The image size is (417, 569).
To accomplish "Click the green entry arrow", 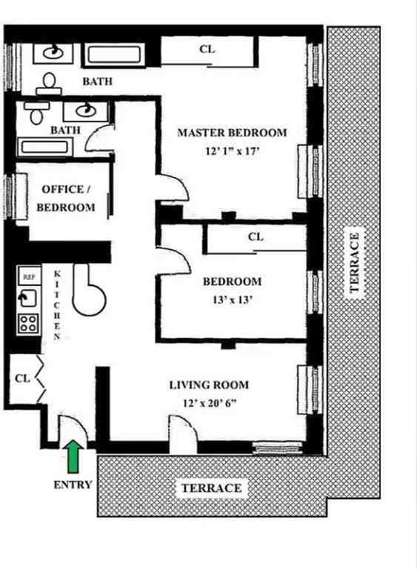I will [73, 456].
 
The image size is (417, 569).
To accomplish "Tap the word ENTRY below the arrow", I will [73, 485].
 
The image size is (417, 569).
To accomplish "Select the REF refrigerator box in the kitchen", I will [29, 276].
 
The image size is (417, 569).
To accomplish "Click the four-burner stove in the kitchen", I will [29, 323].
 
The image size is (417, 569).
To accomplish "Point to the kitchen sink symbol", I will [28, 299].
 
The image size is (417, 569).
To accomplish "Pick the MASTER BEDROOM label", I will [231, 133].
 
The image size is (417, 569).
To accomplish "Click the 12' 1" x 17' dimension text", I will [231, 150].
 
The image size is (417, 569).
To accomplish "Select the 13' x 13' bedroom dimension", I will [232, 300].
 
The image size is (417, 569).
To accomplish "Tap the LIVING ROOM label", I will [209, 385].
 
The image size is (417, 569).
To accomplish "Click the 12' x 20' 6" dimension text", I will [209, 403].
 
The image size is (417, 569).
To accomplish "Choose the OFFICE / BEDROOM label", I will [66, 199].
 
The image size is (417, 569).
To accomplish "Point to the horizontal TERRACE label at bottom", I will [211, 488].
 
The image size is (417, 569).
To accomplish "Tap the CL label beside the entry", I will [22, 378].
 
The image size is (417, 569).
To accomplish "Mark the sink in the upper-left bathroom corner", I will [52, 53].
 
